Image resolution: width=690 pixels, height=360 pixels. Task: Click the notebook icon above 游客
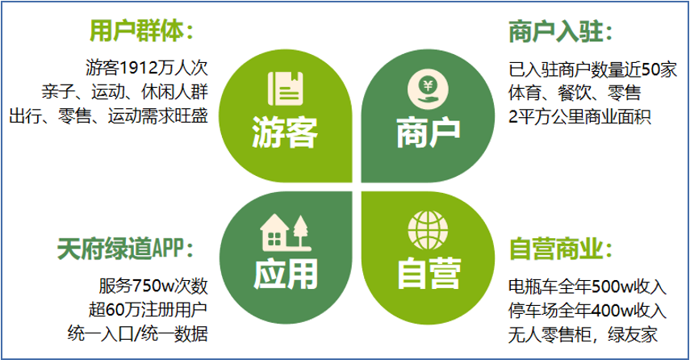(x=286, y=89)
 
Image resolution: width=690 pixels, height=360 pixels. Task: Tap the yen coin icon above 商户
(x=428, y=90)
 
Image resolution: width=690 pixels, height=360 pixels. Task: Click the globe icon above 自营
(x=428, y=230)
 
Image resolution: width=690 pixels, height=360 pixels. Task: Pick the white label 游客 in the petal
(x=285, y=132)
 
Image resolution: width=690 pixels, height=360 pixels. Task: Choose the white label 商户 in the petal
(x=429, y=133)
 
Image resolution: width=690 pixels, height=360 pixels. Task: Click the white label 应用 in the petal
(x=285, y=274)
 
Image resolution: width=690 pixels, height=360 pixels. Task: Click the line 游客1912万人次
(x=146, y=68)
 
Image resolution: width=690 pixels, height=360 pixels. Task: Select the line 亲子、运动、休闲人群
(x=124, y=92)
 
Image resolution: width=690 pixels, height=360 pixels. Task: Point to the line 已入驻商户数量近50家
(x=592, y=69)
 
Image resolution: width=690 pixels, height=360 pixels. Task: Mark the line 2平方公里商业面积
(x=579, y=117)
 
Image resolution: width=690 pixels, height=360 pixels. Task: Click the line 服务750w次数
(x=153, y=286)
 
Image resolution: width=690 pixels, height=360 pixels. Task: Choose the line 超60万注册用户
(x=148, y=310)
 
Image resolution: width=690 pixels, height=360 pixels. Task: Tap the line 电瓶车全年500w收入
(x=588, y=287)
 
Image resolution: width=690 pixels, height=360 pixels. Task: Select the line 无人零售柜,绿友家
(x=583, y=335)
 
